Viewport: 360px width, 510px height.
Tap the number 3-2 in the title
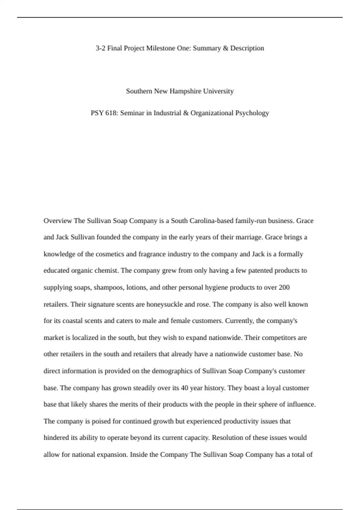(100, 48)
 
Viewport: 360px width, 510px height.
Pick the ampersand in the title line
(225, 48)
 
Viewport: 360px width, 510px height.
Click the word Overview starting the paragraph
(58, 221)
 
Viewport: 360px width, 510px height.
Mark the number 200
(284, 287)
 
